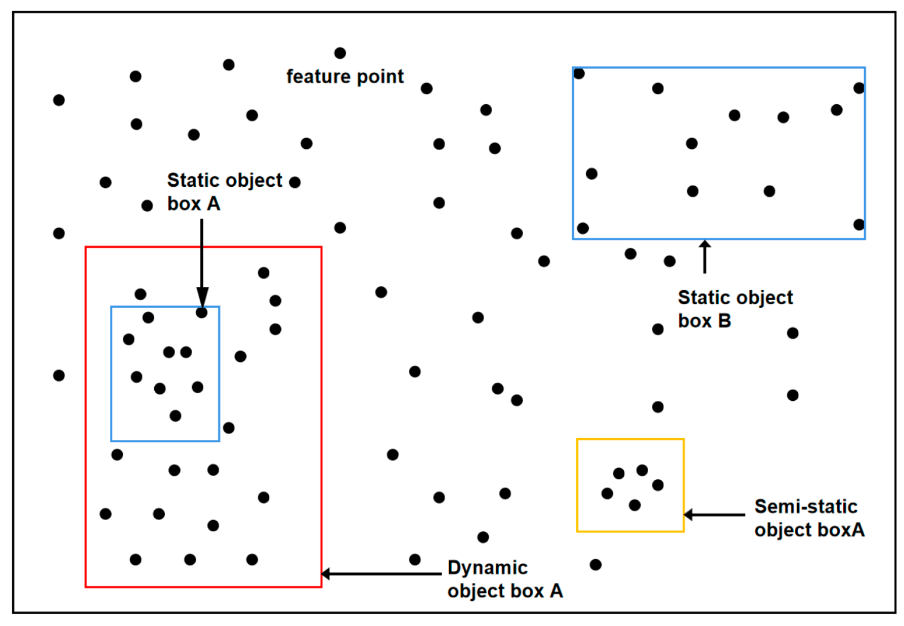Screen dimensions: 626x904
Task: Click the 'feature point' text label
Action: pyautogui.click(x=345, y=76)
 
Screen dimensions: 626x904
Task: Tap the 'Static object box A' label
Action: pyautogui.click(x=224, y=192)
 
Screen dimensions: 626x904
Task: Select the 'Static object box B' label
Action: pyautogui.click(x=735, y=309)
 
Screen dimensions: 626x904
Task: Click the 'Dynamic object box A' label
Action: pyautogui.click(x=504, y=579)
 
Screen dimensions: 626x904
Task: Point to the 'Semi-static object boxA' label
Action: pyautogui.click(x=809, y=518)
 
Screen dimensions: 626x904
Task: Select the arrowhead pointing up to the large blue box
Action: pyautogui.click(x=705, y=244)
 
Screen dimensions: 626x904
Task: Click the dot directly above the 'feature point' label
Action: pyautogui.click(x=340, y=53)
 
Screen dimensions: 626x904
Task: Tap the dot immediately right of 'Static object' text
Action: pyautogui.click(x=295, y=182)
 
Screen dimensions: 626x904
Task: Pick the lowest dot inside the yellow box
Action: pyautogui.click(x=634, y=505)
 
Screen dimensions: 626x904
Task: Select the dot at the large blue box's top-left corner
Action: pyautogui.click(x=579, y=74)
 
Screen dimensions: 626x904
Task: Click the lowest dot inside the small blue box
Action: pyautogui.click(x=175, y=416)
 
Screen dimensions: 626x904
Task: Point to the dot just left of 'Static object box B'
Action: pyautogui.click(x=658, y=329)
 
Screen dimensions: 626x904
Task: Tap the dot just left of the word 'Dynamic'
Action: pyautogui.click(x=415, y=560)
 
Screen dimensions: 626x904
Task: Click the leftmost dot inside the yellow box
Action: pyautogui.click(x=607, y=493)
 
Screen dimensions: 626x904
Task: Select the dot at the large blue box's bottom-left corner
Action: pyautogui.click(x=583, y=228)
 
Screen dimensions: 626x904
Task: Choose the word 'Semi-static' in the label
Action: pyautogui.click(x=805, y=506)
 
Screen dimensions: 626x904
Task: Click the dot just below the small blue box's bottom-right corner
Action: pyautogui.click(x=229, y=428)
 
